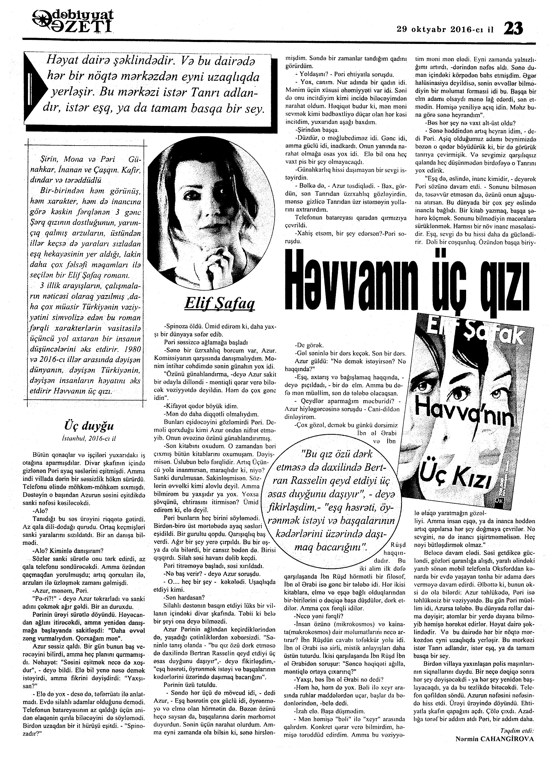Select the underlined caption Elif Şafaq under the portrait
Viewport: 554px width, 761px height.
(219, 304)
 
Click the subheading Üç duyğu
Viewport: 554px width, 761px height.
(89, 426)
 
